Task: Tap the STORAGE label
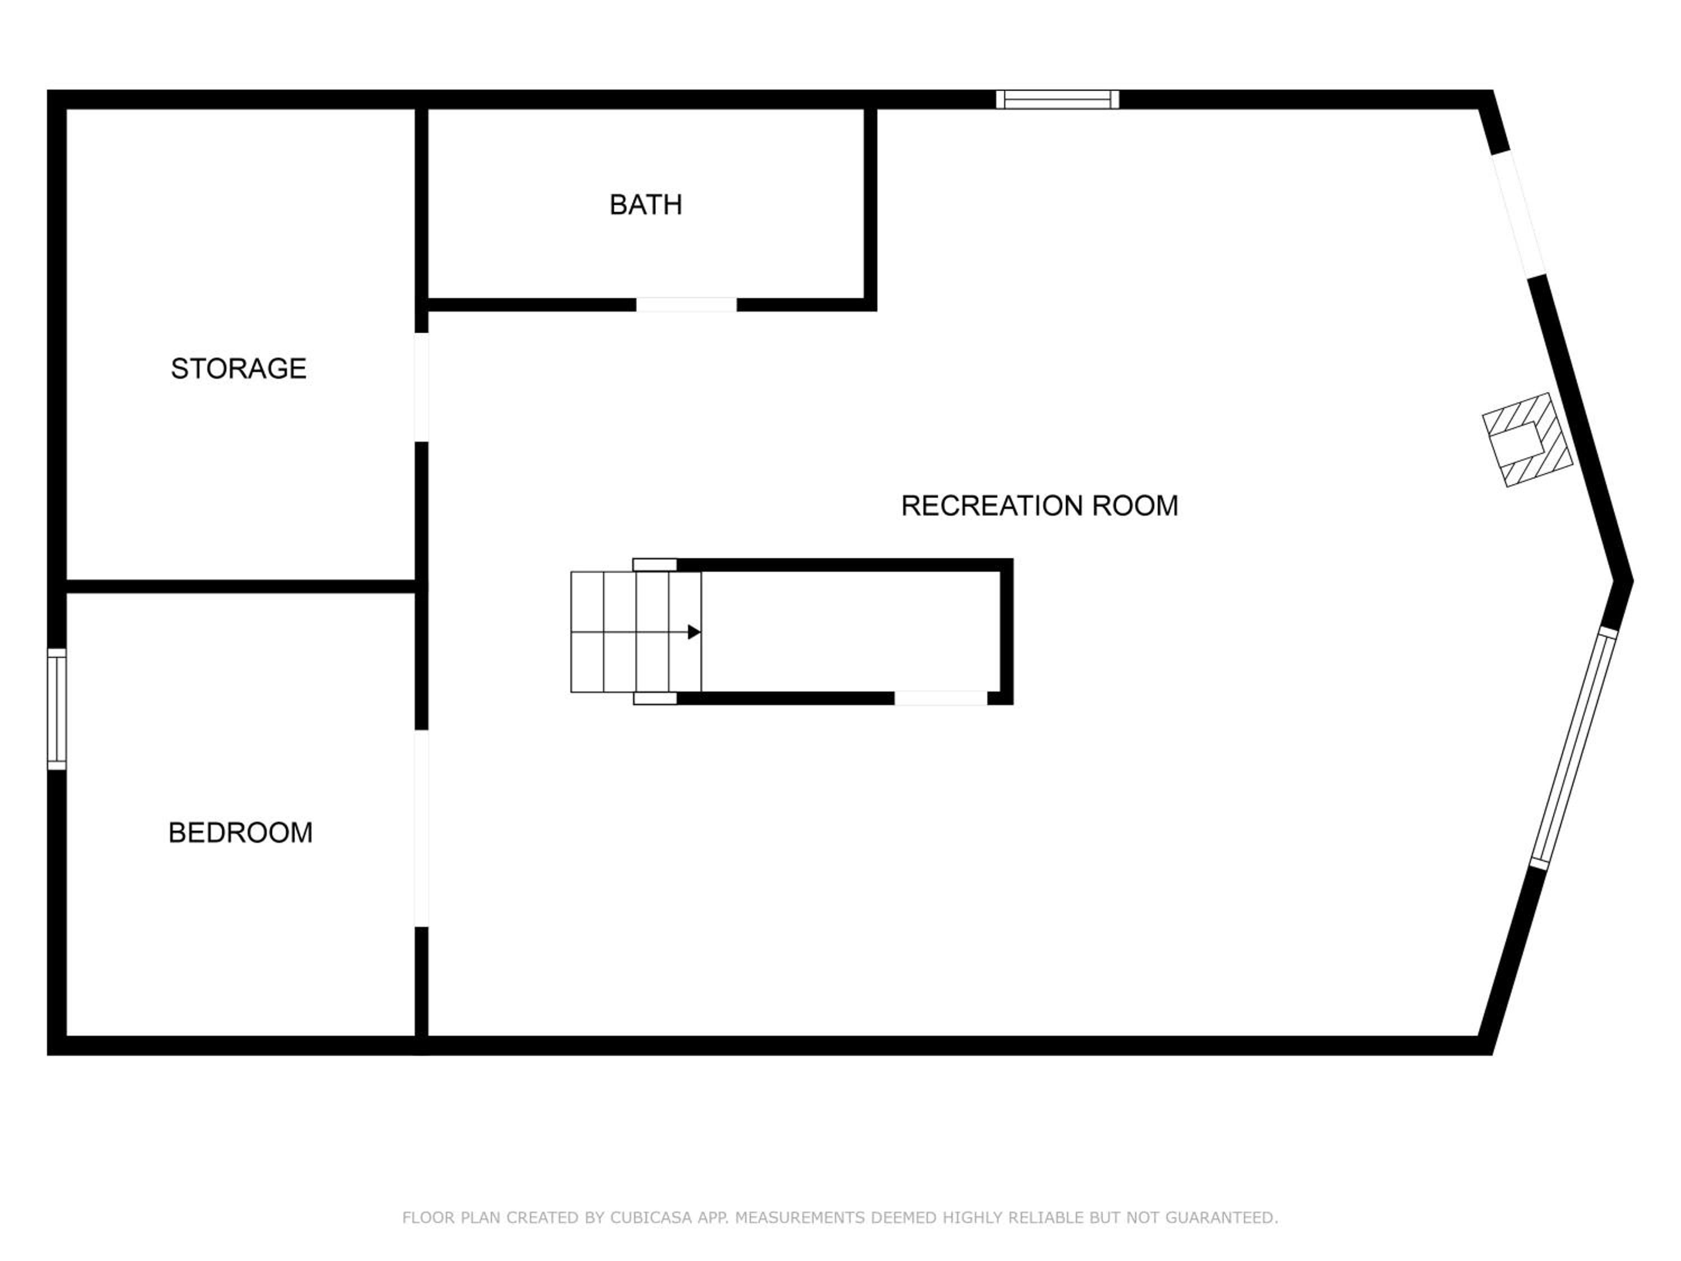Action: pos(239,369)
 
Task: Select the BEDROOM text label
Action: pos(240,833)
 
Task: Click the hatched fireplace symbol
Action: pos(1527,439)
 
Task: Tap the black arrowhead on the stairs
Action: pos(694,632)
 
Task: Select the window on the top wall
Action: pos(1058,100)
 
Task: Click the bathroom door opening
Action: pos(686,305)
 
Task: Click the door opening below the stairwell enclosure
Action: pos(941,698)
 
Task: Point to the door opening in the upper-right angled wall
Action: pos(1519,214)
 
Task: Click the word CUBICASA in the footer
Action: pos(651,1218)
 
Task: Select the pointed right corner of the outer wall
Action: pos(1632,582)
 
